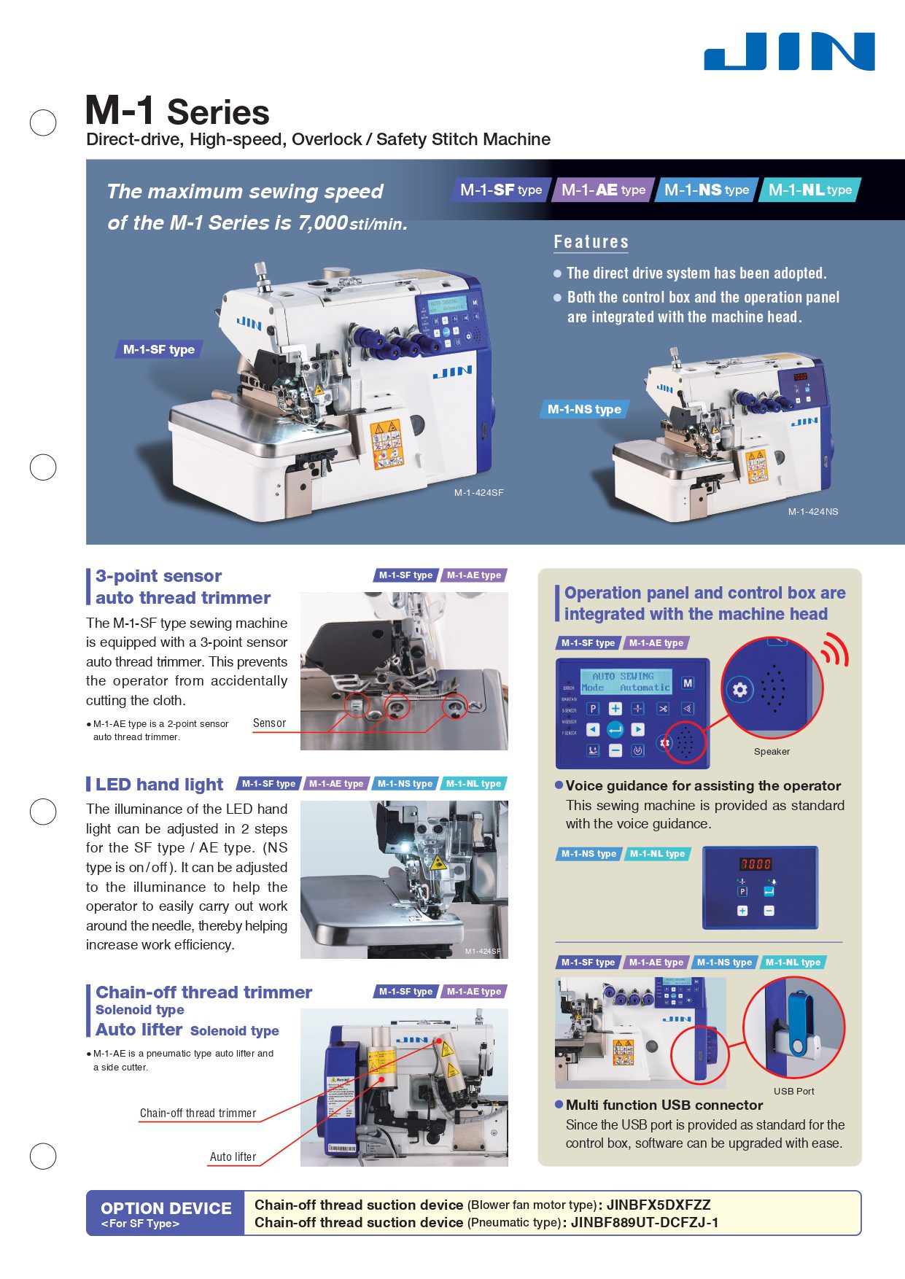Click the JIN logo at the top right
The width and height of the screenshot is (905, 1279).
[789, 51]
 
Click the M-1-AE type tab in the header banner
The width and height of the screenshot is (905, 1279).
[603, 190]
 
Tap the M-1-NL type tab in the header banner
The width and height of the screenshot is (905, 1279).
[809, 190]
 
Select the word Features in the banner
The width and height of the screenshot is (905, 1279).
[591, 242]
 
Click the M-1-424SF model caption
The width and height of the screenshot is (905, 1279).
[478, 493]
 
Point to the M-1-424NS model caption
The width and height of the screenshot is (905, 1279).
[812, 512]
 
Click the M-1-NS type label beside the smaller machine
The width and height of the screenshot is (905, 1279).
[584, 410]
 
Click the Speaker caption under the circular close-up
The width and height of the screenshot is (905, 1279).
[772, 752]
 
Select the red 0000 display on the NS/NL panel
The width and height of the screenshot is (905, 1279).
[756, 864]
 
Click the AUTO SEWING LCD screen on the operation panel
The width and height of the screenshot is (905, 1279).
[626, 682]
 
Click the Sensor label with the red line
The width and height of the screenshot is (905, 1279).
[269, 723]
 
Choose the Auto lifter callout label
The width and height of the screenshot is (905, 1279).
[233, 1157]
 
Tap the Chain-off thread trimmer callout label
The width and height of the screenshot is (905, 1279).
[198, 1113]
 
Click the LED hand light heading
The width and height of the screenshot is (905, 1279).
[159, 785]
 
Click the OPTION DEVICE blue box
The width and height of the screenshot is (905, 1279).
[166, 1213]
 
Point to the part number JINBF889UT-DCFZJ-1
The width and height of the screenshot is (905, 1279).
[644, 1223]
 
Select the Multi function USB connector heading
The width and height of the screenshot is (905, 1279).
[664, 1105]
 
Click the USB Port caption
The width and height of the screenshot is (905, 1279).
[793, 1092]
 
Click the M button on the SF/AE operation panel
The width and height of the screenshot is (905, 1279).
[688, 683]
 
